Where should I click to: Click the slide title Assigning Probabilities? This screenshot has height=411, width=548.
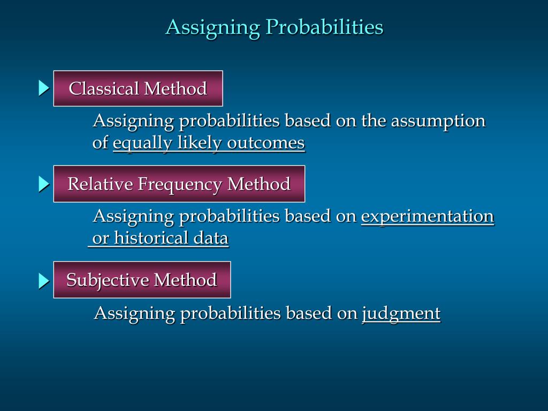pyautogui.click(x=274, y=27)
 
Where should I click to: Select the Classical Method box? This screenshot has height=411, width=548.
pyautogui.click(x=138, y=88)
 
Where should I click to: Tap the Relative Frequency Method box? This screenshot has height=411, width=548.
pyautogui.click(x=179, y=184)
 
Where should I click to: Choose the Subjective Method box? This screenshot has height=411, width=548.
pyautogui.click(x=142, y=280)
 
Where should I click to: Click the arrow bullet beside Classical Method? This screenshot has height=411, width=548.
pyautogui.click(x=43, y=88)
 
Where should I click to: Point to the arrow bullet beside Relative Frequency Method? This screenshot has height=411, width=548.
pyautogui.click(x=43, y=185)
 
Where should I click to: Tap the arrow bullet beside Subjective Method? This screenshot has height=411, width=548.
pyautogui.click(x=43, y=280)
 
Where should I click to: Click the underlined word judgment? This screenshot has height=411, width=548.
pyautogui.click(x=401, y=313)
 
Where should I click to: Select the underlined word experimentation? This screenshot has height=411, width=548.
pyautogui.click(x=427, y=216)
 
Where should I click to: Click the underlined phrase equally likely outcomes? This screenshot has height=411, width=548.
pyautogui.click(x=209, y=143)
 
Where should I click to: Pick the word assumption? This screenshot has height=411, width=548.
pyautogui.click(x=438, y=121)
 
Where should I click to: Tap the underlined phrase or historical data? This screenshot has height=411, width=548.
pyautogui.click(x=159, y=238)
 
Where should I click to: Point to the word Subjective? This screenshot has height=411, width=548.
pyautogui.click(x=107, y=280)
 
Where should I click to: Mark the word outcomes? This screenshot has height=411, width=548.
pyautogui.click(x=266, y=143)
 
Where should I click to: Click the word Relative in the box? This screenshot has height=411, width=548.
pyautogui.click(x=100, y=184)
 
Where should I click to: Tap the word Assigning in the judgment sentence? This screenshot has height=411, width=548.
pyautogui.click(x=134, y=314)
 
